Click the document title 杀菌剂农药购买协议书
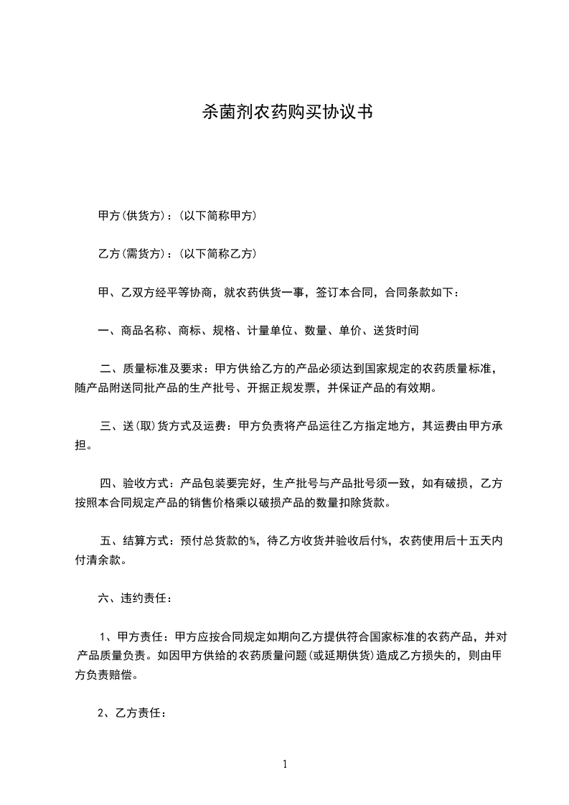pyautogui.click(x=285, y=113)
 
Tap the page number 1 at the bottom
pyautogui.click(x=285, y=764)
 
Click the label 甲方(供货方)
pyautogui.click(x=134, y=215)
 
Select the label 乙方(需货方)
pyautogui.click(x=134, y=253)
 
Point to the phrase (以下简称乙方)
pyautogui.click(x=217, y=253)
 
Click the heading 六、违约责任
pyautogui.click(x=134, y=598)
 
